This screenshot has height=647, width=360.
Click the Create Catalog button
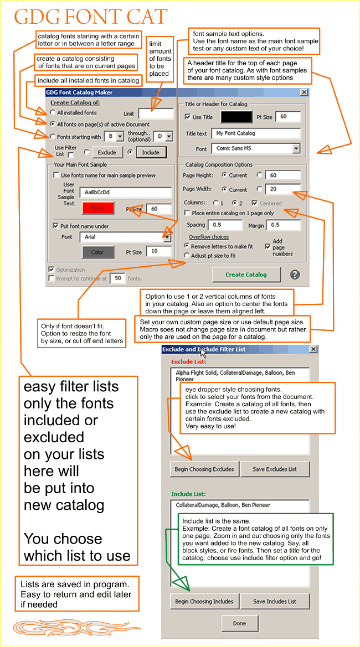click(246, 275)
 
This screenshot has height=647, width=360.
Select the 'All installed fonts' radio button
click(53, 113)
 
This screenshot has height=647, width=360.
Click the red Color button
click(97, 208)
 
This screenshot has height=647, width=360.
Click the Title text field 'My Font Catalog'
click(255, 133)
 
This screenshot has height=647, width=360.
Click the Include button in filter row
click(150, 152)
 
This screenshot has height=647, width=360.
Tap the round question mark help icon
click(295, 275)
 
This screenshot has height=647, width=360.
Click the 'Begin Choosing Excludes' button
click(204, 469)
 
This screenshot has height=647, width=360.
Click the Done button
click(239, 623)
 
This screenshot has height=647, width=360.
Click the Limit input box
click(156, 113)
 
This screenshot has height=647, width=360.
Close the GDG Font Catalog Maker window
click(304, 92)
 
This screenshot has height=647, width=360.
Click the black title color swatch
click(236, 117)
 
